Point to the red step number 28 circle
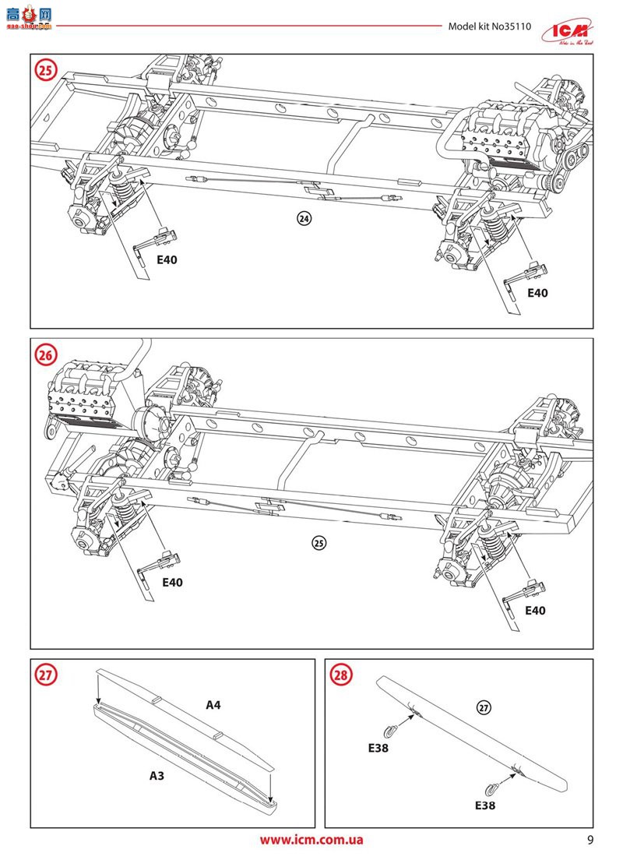point(341,675)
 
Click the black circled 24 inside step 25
point(304,219)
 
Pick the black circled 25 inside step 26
point(317,543)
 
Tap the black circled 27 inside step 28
point(483,708)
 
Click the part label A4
point(213,705)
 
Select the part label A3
point(158,776)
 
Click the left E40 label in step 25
point(167,260)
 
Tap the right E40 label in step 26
point(535,611)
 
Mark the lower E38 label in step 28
point(484,806)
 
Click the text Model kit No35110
point(489,26)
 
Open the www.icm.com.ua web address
point(311,840)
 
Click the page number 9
point(590,840)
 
